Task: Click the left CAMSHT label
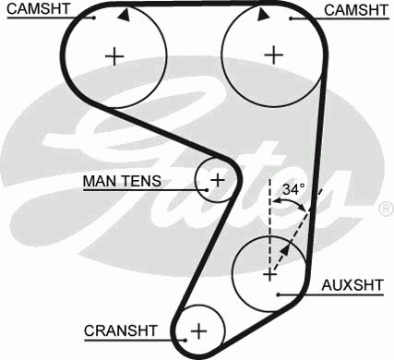(39, 8)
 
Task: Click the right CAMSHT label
(356, 10)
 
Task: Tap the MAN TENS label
(122, 181)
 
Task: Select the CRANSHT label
(121, 330)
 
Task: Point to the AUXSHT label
(352, 285)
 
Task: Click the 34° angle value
(293, 189)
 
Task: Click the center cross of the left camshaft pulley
(114, 56)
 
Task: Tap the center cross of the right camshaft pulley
(273, 55)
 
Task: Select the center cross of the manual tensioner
(218, 180)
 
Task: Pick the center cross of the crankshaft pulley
(199, 331)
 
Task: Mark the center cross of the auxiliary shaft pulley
(269, 274)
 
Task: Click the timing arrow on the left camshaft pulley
(124, 15)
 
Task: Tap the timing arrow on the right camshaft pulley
(263, 15)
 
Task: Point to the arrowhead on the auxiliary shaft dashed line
(285, 249)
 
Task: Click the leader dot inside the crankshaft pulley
(185, 340)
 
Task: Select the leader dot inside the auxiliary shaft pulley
(278, 294)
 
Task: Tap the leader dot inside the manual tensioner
(207, 190)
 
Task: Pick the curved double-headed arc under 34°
(290, 201)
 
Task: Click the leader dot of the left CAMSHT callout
(94, 18)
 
